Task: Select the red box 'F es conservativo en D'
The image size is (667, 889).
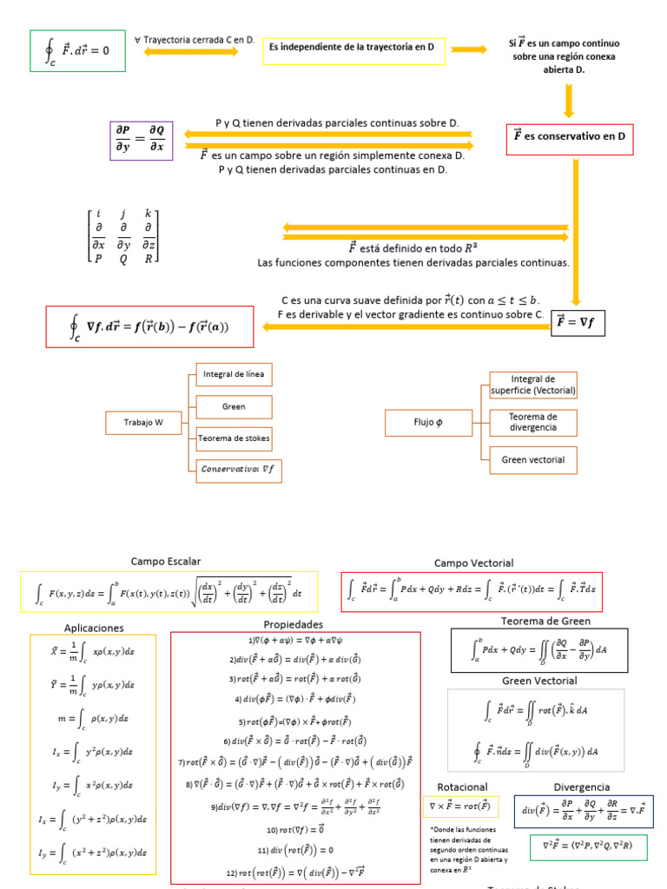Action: point(570,138)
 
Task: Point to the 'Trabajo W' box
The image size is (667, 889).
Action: point(143,423)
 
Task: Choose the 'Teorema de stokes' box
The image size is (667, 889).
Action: point(234,438)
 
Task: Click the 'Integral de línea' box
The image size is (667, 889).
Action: point(234,374)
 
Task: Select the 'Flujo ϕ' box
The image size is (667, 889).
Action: point(427,423)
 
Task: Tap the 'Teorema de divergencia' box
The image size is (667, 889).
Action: point(533,423)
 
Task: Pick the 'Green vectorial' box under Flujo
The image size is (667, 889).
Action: point(533,459)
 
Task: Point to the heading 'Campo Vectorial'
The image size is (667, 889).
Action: point(473,563)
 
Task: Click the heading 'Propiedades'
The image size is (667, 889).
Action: point(294,624)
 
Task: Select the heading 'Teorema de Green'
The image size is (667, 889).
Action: point(545,621)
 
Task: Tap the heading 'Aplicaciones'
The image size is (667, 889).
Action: point(94,628)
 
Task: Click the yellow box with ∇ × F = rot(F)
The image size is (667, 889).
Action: point(461,807)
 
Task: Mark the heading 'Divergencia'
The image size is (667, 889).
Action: point(581,787)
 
